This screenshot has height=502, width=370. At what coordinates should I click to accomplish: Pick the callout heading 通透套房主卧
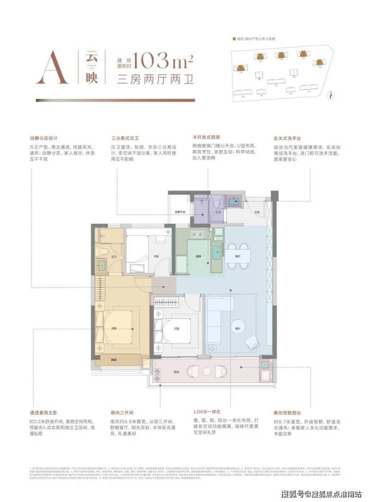[45, 413]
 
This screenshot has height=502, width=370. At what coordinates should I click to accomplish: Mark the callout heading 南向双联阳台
[288, 413]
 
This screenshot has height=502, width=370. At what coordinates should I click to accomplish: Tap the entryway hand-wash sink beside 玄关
[232, 201]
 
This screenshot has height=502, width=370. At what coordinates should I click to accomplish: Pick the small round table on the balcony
[206, 371]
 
